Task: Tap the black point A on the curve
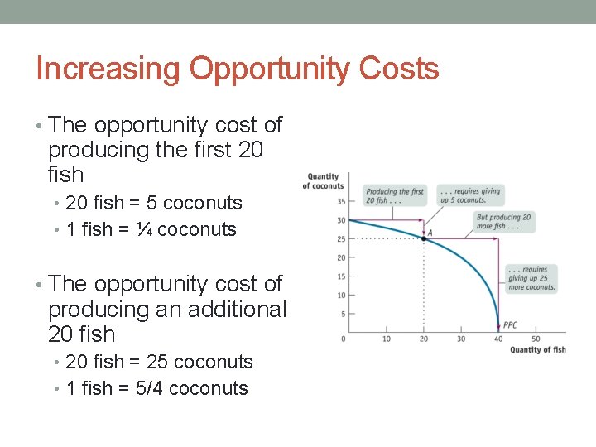[424, 238]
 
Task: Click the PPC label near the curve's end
[510, 325]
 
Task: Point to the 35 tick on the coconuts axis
[341, 201]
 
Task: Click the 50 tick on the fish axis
[535, 339]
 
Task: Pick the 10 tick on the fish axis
[387, 339]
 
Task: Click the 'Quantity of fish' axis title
[537, 349]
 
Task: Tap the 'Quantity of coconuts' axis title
[324, 180]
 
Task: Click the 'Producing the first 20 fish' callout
[395, 195]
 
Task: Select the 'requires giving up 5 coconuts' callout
[469, 195]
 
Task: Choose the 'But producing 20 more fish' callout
[503, 222]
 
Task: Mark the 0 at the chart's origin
[344, 339]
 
